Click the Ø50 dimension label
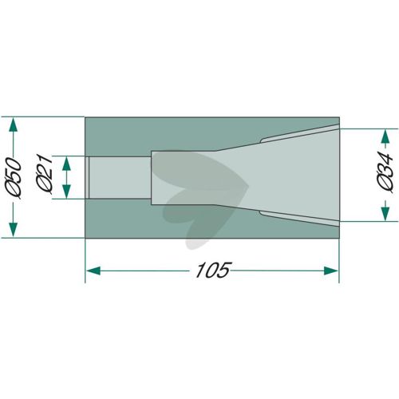click(x=13, y=178)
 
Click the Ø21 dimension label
click(x=44, y=174)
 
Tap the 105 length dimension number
click(x=212, y=271)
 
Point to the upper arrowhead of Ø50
click(x=13, y=124)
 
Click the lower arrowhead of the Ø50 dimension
click(x=13, y=230)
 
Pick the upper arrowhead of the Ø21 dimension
click(x=66, y=163)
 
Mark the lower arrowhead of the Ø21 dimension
click(x=66, y=192)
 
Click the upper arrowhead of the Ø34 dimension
click(x=385, y=136)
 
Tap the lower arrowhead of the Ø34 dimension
click(x=385, y=214)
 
